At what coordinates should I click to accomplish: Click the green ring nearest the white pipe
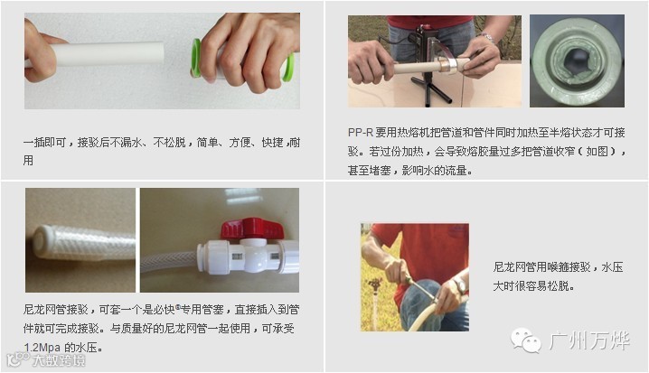point(196,58)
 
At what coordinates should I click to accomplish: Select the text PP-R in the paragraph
point(361,133)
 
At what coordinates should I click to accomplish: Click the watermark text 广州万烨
point(589,340)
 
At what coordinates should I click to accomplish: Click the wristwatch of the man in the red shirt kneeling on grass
point(459,285)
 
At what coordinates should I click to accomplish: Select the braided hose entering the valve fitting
point(169,261)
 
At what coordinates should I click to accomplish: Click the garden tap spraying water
point(375,284)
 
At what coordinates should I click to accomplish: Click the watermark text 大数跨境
point(59,360)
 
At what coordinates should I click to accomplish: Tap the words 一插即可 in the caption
point(44,143)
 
